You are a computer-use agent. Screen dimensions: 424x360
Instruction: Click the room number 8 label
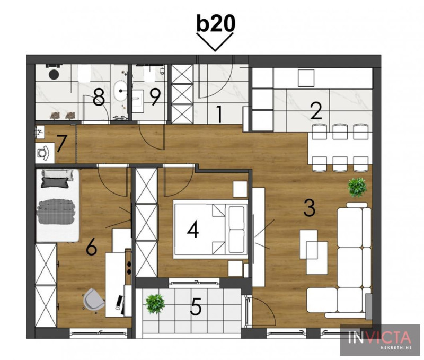click(99, 98)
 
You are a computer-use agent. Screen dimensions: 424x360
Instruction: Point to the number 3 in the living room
click(310, 208)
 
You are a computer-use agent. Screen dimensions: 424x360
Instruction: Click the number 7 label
click(61, 144)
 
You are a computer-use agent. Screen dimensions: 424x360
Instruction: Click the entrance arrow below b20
click(215, 42)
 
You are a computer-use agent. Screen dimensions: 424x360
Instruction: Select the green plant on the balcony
click(155, 304)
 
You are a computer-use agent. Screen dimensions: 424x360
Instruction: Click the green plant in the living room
click(357, 187)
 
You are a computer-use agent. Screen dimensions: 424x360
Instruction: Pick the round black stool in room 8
click(54, 74)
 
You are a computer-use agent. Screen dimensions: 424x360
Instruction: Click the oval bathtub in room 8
click(121, 91)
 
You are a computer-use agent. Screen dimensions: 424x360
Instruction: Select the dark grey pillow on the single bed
click(55, 182)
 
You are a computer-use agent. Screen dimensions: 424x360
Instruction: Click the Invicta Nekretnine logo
click(379, 339)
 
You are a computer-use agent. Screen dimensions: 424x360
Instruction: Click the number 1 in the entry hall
click(219, 115)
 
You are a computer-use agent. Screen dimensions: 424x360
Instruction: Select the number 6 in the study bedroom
click(91, 247)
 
